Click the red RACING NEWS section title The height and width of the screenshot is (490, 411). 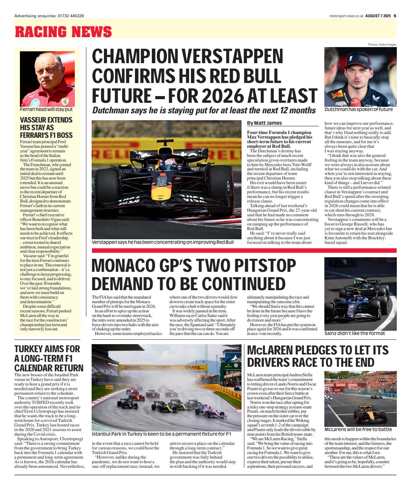tap(63, 32)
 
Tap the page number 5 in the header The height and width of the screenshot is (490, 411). tap(395, 16)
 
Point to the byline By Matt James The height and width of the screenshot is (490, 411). tap(265, 123)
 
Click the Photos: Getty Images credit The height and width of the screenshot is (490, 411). tap(382, 44)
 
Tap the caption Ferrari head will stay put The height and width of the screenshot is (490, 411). tap(46, 109)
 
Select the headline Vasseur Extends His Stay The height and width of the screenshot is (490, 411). tap(46, 127)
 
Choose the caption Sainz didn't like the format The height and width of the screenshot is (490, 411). tap(355, 333)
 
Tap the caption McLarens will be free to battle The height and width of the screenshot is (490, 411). tap(358, 430)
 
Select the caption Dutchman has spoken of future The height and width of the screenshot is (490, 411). tap(358, 109)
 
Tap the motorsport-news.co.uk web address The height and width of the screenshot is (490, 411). tap(346, 16)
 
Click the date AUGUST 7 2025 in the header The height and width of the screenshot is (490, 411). tap(378, 16)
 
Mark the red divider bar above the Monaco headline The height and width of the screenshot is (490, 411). tap(244, 250)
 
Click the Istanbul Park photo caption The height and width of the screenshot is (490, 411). tap(161, 434)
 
